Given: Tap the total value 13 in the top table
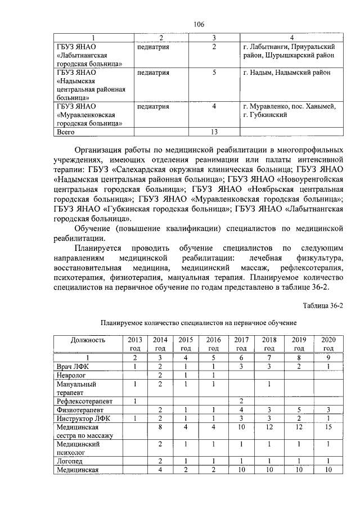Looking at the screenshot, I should pyautogui.click(x=214, y=132).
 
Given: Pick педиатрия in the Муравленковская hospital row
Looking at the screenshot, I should pyautogui.click(x=153, y=106).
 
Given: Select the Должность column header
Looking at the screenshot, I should pyautogui.click(x=88, y=340).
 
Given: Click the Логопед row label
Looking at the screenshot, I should pyautogui.click(x=70, y=462).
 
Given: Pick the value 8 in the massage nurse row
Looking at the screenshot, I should pyautogui.click(x=160, y=427).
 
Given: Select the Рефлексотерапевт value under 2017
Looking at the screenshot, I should pyautogui.click(x=241, y=401).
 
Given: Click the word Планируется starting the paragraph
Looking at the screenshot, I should pyautogui.click(x=99, y=248).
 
